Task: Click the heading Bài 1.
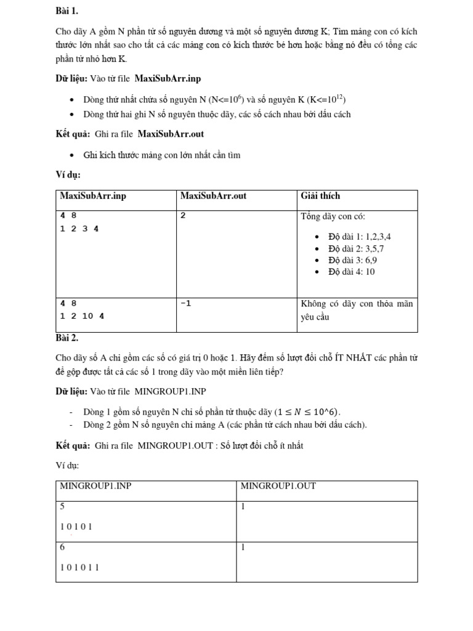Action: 67,11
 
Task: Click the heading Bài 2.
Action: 67,338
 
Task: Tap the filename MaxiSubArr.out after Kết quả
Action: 171,134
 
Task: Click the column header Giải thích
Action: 320,196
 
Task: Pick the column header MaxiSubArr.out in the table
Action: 213,196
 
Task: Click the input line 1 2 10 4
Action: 82,315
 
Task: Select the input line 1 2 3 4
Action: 79,228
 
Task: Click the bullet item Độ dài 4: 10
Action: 352,272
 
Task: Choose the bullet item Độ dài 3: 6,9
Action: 353,260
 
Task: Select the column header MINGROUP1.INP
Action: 95,486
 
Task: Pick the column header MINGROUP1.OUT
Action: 278,486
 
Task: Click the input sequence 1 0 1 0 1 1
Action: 79,568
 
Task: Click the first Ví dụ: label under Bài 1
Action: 68,175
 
